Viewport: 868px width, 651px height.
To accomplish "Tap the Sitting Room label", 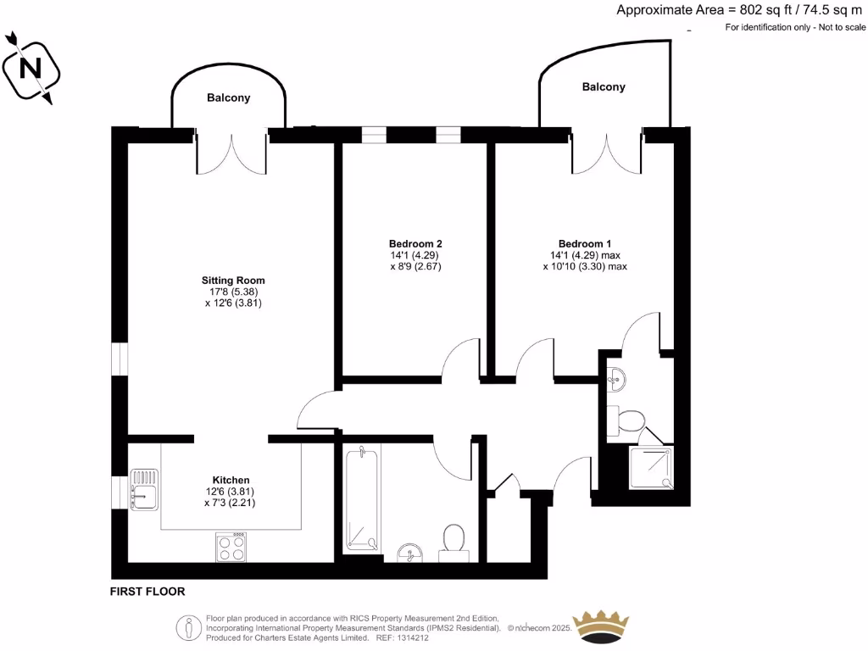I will (233, 280).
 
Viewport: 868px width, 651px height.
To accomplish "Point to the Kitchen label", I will (231, 480).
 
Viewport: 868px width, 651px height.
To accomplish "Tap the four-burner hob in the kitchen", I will (232, 547).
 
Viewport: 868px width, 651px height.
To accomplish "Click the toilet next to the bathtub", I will (453, 541).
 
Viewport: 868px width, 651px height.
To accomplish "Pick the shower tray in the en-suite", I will (652, 468).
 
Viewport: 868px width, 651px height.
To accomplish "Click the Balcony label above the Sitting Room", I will (229, 98).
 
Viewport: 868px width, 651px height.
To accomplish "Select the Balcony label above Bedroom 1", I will (604, 87).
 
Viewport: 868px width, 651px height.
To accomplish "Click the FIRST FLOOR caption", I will (147, 592).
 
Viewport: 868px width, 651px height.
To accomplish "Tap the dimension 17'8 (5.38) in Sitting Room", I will (233, 292).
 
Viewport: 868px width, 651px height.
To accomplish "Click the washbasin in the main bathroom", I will (413, 554).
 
